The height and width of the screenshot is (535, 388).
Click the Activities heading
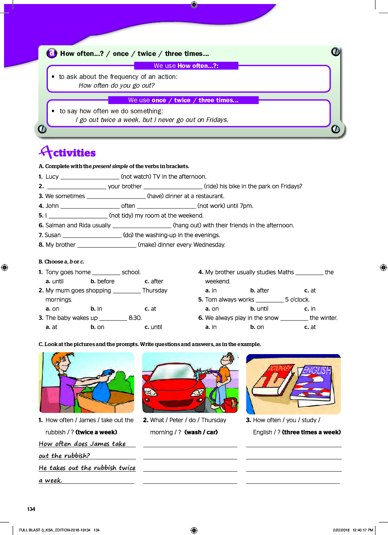tap(68, 152)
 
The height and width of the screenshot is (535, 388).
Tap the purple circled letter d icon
tap(52, 53)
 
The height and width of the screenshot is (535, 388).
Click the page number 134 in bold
tap(31, 509)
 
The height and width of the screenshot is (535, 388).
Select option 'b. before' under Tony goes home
tap(102, 281)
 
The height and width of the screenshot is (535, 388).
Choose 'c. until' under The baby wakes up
tap(153, 327)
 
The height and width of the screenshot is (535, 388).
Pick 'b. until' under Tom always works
tap(259, 309)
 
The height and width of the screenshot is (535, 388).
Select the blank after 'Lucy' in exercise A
tap(90, 177)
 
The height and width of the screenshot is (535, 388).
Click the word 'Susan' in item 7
tap(53, 235)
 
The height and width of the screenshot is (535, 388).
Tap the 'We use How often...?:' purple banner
tap(186, 66)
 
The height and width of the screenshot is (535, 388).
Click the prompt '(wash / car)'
tap(201, 432)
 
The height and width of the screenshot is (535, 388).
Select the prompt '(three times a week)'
tap(311, 432)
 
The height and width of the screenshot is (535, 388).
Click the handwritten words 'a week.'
tap(50, 480)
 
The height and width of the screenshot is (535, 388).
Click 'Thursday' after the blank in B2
tap(155, 291)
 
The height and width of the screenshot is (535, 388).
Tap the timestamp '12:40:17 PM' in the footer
tap(362, 530)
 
